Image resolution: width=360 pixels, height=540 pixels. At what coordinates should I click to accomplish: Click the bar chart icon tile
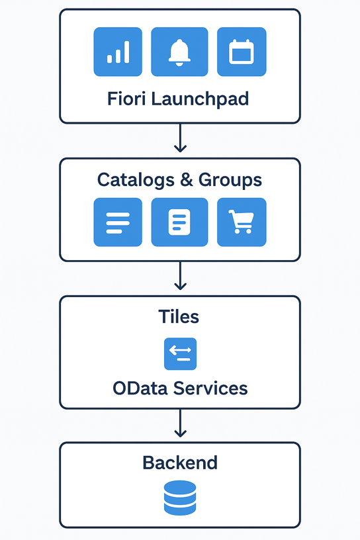pos(118,52)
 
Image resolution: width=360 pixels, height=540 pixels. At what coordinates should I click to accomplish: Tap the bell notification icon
pos(179,52)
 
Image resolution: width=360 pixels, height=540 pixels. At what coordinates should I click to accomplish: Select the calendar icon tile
pos(242,52)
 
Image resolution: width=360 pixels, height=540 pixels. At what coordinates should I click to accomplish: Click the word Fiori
pos(127,99)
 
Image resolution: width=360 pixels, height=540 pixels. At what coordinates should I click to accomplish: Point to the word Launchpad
pos(200,99)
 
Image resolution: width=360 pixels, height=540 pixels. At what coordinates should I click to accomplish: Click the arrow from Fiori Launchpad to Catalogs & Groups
pos(180,138)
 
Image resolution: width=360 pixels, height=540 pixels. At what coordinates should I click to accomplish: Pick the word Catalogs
pos(136,180)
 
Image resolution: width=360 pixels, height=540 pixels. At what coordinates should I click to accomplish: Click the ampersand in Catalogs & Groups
pos(187,180)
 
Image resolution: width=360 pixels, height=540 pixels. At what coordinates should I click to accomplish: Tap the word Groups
pos(230,180)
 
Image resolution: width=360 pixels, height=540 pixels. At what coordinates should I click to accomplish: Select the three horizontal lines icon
pos(118,222)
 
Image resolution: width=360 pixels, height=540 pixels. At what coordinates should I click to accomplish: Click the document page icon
pos(179,222)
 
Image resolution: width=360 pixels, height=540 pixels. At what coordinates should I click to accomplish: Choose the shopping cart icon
pos(242,222)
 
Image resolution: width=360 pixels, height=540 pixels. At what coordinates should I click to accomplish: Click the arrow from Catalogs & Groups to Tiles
pos(180,275)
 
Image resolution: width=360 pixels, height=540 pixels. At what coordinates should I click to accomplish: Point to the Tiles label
pos(179,316)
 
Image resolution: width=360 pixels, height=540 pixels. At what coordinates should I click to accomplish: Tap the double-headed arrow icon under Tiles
pos(180,354)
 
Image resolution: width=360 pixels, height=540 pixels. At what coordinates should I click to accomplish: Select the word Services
pos(210,388)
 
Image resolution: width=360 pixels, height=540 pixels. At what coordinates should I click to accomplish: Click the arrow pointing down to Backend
pos(180,424)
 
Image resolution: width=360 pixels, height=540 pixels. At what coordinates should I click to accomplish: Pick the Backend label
pos(180,463)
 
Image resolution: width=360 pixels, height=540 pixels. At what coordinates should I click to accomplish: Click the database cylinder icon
pos(180,498)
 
